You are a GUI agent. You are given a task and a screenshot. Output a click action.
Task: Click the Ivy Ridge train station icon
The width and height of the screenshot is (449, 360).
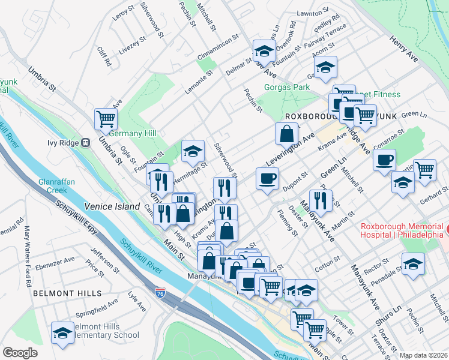pyautogui.click(x=85, y=143)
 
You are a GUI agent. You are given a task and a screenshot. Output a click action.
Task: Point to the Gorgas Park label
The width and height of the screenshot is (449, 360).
pyautogui.click(x=287, y=87)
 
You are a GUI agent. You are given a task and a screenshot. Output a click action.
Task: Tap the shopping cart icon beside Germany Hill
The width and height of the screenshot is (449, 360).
pyautogui.click(x=106, y=119)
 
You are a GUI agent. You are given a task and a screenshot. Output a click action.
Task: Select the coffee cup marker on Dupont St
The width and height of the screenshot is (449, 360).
pyautogui.click(x=267, y=178)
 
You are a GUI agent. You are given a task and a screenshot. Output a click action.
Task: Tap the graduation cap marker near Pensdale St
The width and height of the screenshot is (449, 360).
pyautogui.click(x=412, y=265)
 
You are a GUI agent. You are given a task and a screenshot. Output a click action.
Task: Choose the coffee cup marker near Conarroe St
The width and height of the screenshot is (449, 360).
pyautogui.click(x=384, y=160)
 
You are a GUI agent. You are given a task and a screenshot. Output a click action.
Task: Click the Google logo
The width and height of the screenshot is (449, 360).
pyautogui.click(x=20, y=353)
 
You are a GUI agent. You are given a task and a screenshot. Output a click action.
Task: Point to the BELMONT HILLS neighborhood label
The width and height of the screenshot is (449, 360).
pyautogui.click(x=63, y=293)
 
